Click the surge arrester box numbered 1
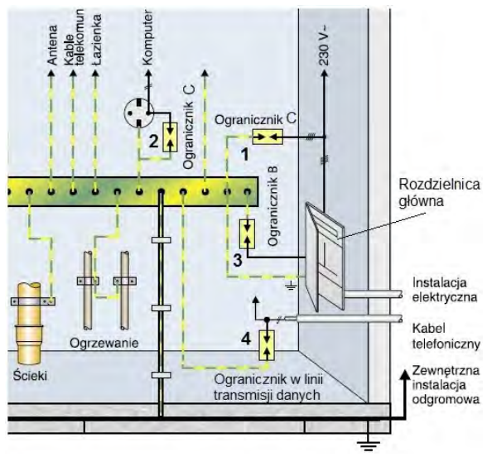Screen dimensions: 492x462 pyautogui.click(x=268, y=137)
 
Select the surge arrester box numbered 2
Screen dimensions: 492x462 pyautogui.click(x=171, y=137)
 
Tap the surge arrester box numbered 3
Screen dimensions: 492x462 pyautogui.click(x=248, y=234)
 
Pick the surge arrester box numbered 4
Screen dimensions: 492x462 pyautogui.click(x=267, y=345)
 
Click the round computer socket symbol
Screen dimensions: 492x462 pyautogui.click(x=139, y=113)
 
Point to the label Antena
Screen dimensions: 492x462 pyautogui.click(x=52, y=46)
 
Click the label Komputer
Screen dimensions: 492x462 pyautogui.click(x=147, y=37)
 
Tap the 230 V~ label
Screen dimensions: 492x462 pyautogui.click(x=325, y=46)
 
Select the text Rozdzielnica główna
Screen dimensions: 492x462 pyautogui.click(x=439, y=192)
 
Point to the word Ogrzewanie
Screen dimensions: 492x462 pyautogui.click(x=104, y=343)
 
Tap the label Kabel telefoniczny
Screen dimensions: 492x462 pyautogui.click(x=446, y=336)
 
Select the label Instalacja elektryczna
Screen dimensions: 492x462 pyautogui.click(x=445, y=290)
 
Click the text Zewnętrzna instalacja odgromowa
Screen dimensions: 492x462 pyautogui.click(x=446, y=385)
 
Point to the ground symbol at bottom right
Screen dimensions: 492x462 pyautogui.click(x=369, y=445)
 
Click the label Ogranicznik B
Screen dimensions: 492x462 pyautogui.click(x=273, y=206)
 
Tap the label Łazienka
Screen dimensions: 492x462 pyautogui.click(x=97, y=39)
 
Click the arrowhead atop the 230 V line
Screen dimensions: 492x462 pyautogui.click(x=325, y=74)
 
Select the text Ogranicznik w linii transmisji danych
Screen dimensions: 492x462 pyautogui.click(x=268, y=387)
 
